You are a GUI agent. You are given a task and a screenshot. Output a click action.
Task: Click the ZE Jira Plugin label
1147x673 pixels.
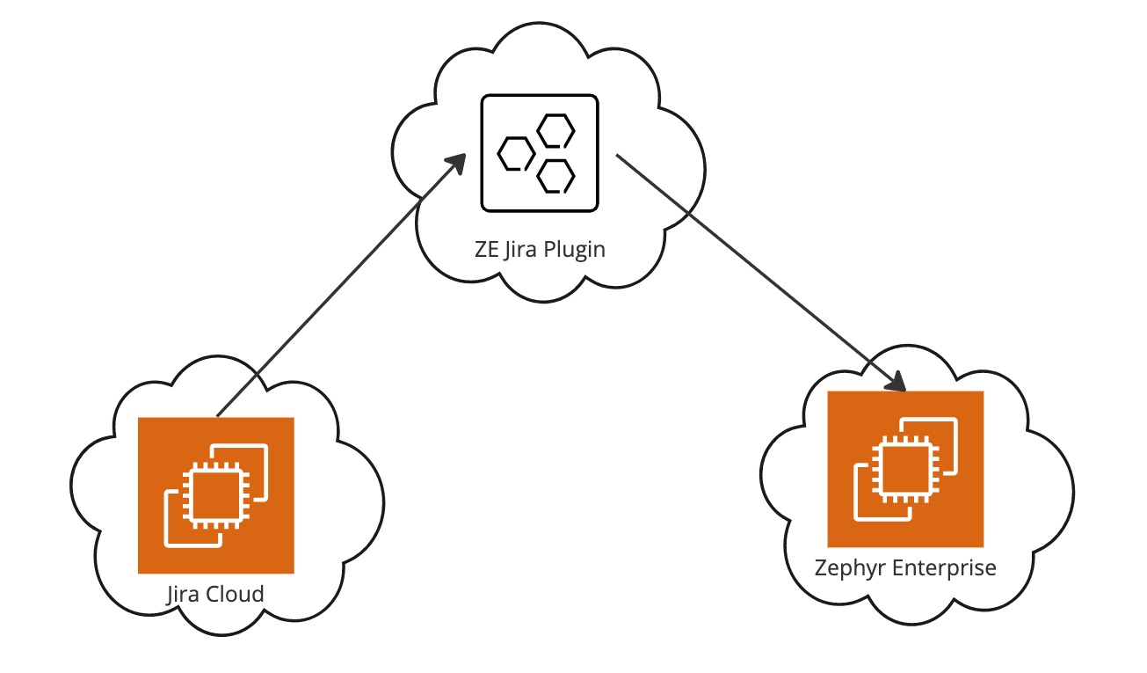[x=539, y=249]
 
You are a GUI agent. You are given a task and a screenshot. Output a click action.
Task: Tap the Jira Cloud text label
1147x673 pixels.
[x=215, y=594]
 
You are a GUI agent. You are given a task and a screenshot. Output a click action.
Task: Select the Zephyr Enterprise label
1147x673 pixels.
[x=905, y=567]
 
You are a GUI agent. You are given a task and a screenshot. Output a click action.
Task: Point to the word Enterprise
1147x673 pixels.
[x=945, y=567]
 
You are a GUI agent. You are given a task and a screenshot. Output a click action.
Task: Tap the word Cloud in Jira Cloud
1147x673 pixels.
[x=235, y=594]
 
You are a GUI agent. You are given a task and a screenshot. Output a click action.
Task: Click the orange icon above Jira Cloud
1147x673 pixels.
[x=215, y=495]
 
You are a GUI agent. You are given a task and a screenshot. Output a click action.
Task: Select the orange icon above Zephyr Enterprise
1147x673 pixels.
[x=905, y=469]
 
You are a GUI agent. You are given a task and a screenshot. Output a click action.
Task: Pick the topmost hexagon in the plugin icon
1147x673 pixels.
[x=555, y=131]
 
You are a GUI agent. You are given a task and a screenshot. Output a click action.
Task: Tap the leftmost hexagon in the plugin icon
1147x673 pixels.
[x=515, y=153]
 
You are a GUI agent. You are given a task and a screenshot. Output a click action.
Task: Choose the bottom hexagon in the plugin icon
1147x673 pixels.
[x=555, y=175]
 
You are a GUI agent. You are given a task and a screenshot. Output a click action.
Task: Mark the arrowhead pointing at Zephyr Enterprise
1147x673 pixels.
[x=896, y=382]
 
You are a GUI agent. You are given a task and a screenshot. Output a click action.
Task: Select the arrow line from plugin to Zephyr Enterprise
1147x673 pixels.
[x=756, y=268]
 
